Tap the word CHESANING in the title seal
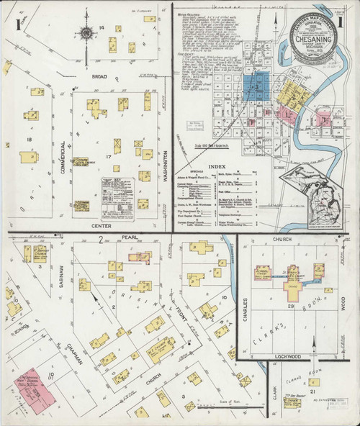(317, 33)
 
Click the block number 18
(29, 139)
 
